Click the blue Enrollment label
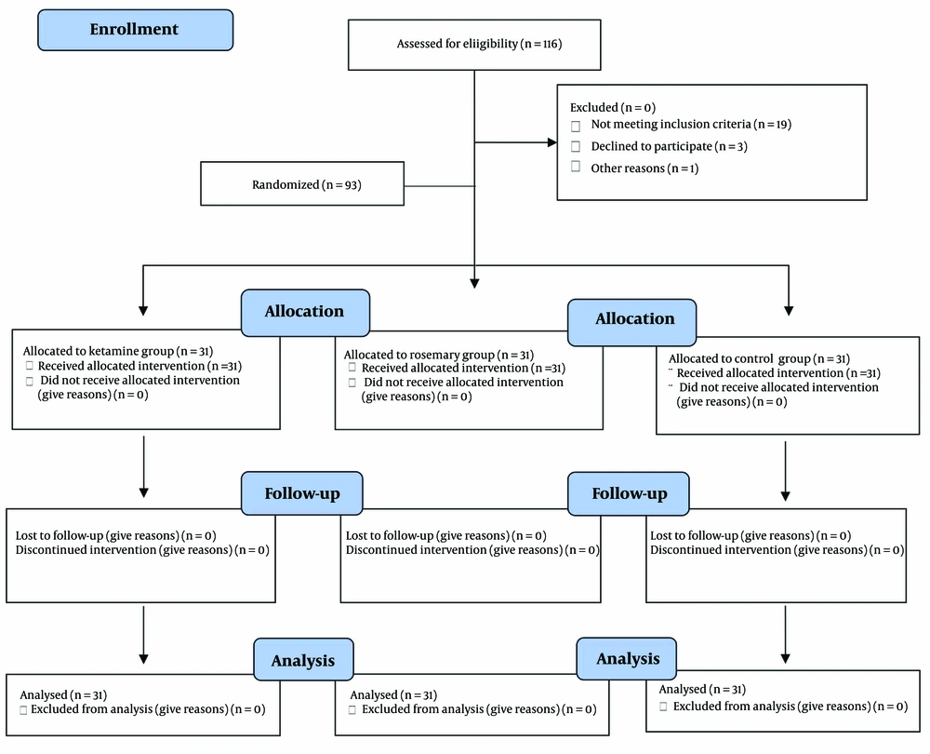click(135, 30)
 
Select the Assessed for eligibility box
click(474, 45)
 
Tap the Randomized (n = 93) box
click(302, 183)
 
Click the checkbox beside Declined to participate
click(576, 146)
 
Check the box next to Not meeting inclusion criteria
click(576, 126)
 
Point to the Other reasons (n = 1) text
click(644, 168)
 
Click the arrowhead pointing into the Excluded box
click(552, 142)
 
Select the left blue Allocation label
click(305, 312)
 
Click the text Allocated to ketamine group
click(99, 351)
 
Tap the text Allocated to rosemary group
click(419, 355)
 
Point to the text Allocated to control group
click(739, 358)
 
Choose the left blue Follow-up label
click(302, 493)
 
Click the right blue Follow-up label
click(629, 493)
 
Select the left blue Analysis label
click(304, 660)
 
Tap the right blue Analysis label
click(626, 658)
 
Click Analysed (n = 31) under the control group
click(702, 689)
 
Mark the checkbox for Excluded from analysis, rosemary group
click(352, 709)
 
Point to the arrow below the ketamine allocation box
click(143, 466)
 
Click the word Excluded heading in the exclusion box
click(593, 107)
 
